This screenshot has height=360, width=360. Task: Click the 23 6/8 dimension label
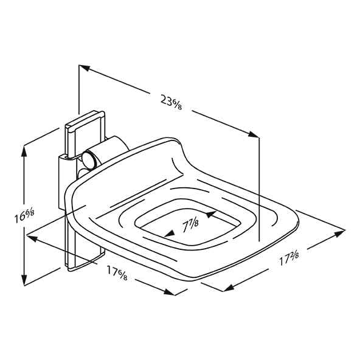[171, 103]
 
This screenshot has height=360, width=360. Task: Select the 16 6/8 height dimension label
[24, 216]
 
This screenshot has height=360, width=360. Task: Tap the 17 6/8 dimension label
[117, 272]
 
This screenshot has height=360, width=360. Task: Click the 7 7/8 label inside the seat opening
[190, 225]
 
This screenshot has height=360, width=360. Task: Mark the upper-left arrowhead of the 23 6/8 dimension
[85, 68]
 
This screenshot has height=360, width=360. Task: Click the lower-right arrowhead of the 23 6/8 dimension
[254, 134]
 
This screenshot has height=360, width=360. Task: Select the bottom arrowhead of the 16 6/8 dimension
[24, 280]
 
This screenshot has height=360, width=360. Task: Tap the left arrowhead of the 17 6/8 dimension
[32, 238]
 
